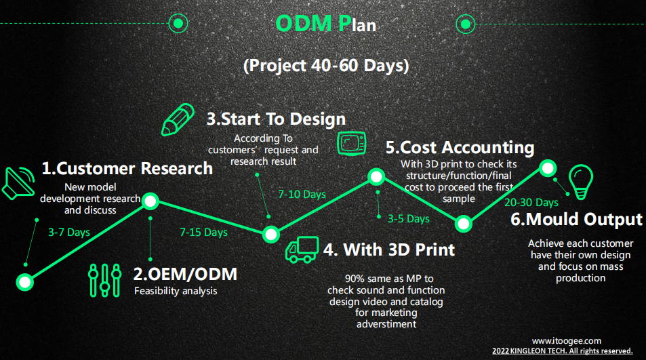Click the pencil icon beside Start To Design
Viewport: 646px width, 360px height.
(x=178, y=119)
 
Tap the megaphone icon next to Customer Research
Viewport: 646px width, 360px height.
(x=18, y=183)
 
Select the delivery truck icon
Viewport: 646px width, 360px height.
(x=302, y=249)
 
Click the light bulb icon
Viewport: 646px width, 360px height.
(x=581, y=182)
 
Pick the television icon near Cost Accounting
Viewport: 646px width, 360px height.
(x=351, y=143)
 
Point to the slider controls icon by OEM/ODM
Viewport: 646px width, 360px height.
(x=104, y=281)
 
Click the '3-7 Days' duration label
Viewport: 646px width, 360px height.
(x=68, y=233)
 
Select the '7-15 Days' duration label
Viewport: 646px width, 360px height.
(x=203, y=233)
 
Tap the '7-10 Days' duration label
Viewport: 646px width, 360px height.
(x=302, y=194)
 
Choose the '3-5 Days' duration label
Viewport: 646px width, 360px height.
(x=408, y=219)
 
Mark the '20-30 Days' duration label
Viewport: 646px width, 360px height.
(x=531, y=202)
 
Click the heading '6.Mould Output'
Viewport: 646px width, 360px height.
(x=576, y=219)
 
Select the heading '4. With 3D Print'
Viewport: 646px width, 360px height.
(x=389, y=249)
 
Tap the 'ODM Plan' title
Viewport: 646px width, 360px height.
(x=325, y=24)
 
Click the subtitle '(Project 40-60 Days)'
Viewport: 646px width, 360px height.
(x=326, y=66)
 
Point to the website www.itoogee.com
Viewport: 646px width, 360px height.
(x=567, y=340)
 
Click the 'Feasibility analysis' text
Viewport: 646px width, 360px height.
(x=176, y=291)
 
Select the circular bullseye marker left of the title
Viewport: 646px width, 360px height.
(x=178, y=24)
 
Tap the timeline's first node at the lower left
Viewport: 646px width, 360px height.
(x=24, y=282)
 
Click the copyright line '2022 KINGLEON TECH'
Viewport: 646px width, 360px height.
(x=563, y=351)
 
